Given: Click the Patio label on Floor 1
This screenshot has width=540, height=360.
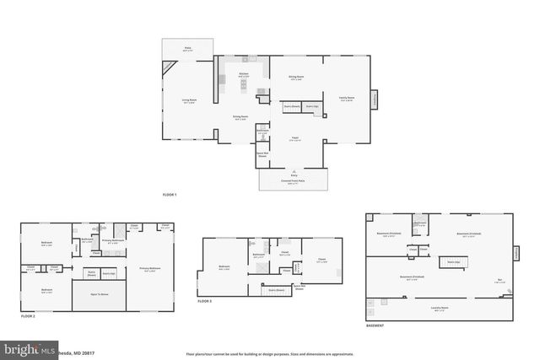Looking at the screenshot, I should point(188,49).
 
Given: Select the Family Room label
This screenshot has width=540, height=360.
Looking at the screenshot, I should point(346,99).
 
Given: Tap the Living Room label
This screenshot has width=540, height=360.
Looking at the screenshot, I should point(190,101).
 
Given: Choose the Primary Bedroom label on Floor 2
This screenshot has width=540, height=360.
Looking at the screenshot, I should point(150,270).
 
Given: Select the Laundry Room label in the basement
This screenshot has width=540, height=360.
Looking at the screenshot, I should point(439,309).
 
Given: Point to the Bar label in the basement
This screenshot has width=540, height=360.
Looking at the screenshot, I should point(499,281).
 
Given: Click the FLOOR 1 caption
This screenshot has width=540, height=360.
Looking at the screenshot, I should point(170,195).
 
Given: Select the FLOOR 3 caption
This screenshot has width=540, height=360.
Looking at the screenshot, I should point(205,301).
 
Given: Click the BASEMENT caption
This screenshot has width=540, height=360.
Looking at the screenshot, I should point(375,325).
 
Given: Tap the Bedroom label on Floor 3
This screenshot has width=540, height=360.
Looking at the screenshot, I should point(224,267).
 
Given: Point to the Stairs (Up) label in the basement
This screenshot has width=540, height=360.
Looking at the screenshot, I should point(453,262).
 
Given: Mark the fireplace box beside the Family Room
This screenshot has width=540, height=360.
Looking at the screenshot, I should point(375,99).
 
